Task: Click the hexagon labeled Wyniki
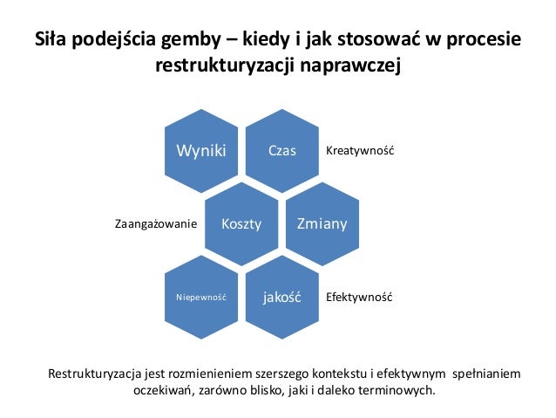[x=201, y=150]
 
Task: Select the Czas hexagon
[x=281, y=150]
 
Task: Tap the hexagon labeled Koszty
[x=241, y=224]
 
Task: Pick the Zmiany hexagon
[x=322, y=224]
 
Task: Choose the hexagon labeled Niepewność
[x=201, y=298]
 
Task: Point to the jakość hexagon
[x=281, y=298]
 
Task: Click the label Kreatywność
[x=360, y=151]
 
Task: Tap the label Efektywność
[x=359, y=298]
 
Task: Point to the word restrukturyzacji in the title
[x=225, y=65]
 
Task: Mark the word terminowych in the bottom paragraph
[x=390, y=391]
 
